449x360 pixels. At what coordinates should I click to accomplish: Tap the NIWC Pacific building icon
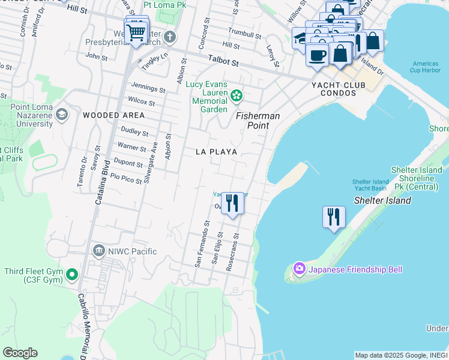click(98, 251)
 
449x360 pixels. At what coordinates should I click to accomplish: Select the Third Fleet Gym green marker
click(72, 275)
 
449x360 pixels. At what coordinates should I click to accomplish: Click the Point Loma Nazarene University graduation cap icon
click(61, 114)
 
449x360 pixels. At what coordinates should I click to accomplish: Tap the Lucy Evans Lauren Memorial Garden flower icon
click(237, 95)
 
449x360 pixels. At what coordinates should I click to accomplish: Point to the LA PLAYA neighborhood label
click(216, 152)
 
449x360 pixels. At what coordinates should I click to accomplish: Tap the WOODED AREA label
click(113, 115)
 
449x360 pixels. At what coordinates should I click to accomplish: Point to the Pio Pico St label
click(122, 178)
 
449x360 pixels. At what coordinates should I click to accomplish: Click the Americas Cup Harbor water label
click(427, 67)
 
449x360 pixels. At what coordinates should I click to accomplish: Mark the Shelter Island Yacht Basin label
click(370, 185)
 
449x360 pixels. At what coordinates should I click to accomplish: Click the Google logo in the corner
click(20, 353)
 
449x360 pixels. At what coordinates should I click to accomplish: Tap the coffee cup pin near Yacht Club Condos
click(317, 55)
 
